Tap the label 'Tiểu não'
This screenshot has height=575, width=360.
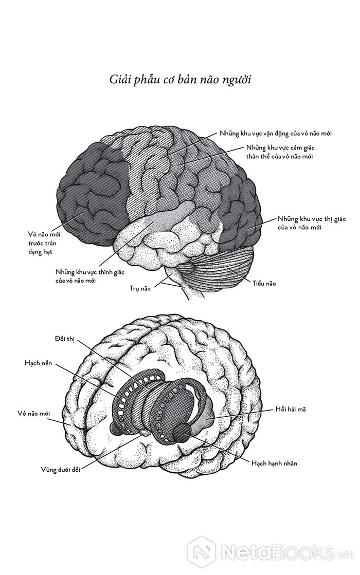pyautogui.click(x=264, y=283)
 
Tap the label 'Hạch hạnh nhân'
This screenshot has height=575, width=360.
pyautogui.click(x=274, y=463)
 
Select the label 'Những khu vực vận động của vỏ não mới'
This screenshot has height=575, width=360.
pyautogui.click(x=276, y=134)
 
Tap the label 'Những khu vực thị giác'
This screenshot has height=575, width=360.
pyautogui.click(x=304, y=222)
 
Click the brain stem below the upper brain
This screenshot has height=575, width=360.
pyautogui.click(x=185, y=285)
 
